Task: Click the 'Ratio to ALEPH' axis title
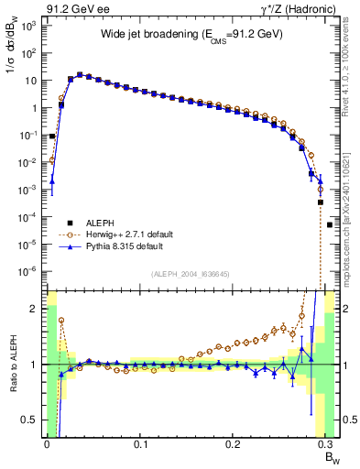(12, 365)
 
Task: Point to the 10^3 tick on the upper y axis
(28, 26)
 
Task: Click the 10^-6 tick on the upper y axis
(28, 271)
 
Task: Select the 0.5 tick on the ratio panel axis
(31, 420)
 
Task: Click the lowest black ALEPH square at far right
(330, 224)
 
